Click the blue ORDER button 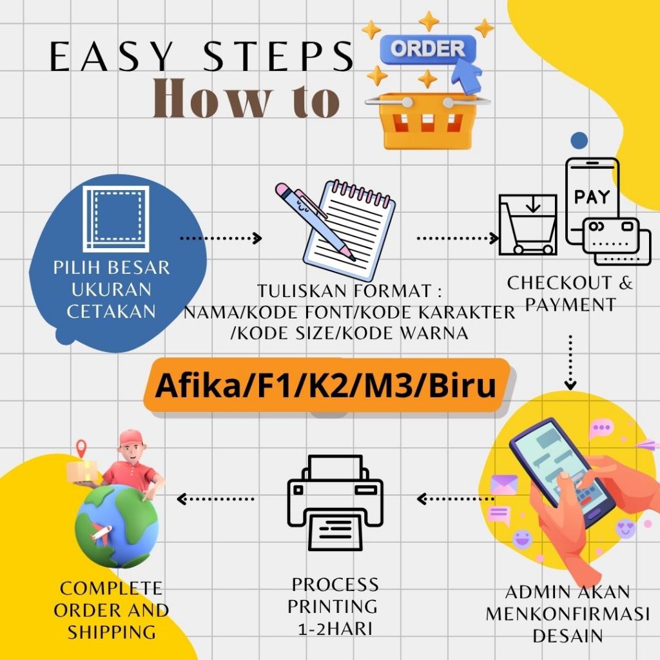[427, 49]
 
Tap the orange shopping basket [427, 119]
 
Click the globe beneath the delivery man [116, 525]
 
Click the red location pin [81, 447]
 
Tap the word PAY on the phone [592, 197]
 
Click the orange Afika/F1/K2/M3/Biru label [326, 385]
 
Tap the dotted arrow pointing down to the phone [570, 362]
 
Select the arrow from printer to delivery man [216, 498]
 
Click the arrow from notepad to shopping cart [458, 238]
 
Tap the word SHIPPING [112, 631]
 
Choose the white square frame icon [116, 218]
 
